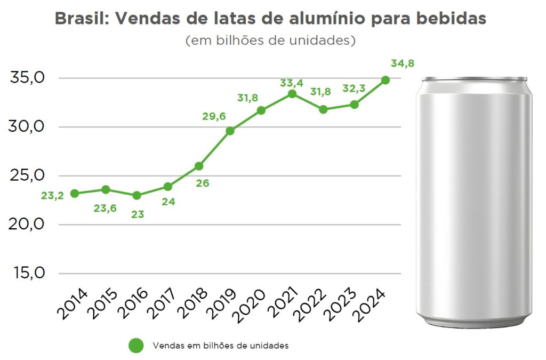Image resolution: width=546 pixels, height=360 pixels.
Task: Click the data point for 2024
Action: click(386, 80)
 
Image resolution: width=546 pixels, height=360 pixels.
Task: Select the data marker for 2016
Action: click(136, 195)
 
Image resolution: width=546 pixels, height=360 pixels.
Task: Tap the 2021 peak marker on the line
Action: click(292, 94)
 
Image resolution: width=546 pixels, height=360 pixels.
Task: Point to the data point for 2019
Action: click(230, 131)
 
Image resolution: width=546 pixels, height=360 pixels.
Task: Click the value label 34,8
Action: click(403, 63)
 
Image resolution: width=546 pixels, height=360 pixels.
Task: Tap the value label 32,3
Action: click(354, 89)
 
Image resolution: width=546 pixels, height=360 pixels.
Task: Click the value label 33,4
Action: click(292, 83)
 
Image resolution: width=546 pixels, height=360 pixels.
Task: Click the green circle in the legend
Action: click(136, 346)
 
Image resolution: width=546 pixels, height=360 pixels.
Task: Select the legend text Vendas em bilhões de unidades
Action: click(220, 346)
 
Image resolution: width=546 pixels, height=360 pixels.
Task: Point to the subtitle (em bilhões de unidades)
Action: click(270, 41)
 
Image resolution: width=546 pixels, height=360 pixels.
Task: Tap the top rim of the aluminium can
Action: click(475, 79)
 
